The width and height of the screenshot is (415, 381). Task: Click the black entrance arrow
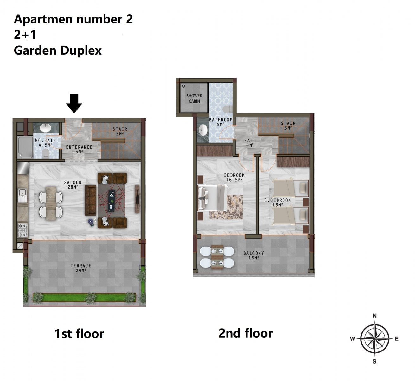click(74, 103)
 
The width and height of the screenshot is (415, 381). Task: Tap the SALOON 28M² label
click(73, 184)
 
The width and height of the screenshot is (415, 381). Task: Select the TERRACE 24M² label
click(81, 268)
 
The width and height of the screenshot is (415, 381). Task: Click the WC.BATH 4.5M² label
click(46, 143)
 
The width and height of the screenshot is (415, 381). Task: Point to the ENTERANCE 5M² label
click(79, 149)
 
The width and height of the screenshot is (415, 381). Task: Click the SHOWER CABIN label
click(194, 98)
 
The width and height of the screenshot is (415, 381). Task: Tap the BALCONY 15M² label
click(254, 255)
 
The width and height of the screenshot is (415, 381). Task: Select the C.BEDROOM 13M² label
click(278, 203)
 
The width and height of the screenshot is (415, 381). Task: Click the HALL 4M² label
click(250, 143)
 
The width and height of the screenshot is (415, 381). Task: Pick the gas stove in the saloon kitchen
click(22, 230)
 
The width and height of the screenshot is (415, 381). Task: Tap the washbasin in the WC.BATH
click(45, 128)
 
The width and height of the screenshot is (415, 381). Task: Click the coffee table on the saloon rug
click(112, 201)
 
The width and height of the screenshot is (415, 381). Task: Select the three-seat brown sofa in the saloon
click(91, 200)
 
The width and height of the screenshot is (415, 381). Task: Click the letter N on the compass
click(374, 316)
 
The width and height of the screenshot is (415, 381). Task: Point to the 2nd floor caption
click(246, 333)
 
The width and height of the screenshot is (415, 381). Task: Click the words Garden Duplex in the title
click(58, 50)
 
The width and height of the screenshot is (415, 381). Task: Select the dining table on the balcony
click(217, 257)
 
